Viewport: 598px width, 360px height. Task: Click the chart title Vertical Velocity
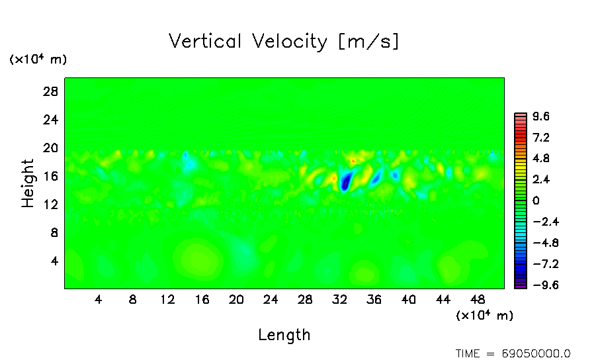coord(284,42)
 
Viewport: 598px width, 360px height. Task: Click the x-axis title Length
coord(284,335)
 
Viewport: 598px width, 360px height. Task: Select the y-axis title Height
coord(28,183)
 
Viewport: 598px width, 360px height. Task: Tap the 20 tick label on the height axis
coord(51,148)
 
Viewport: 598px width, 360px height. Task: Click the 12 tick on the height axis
coord(51,204)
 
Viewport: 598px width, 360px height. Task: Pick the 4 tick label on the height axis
coord(55,261)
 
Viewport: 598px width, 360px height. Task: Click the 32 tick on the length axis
coord(339,299)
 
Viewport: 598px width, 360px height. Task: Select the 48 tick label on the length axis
coord(477,299)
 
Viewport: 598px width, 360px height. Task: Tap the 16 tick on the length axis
coord(202,299)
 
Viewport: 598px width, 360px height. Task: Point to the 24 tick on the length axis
coord(271,299)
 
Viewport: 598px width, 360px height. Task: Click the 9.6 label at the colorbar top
coord(541,117)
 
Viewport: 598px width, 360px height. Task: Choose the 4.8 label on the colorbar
coord(541,159)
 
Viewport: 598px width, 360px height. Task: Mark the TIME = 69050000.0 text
coord(513,353)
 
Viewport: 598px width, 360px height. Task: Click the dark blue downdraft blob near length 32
coord(345,181)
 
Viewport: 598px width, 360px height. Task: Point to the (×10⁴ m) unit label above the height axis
coord(38,60)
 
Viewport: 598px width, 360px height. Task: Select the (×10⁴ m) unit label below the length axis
coord(484,316)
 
